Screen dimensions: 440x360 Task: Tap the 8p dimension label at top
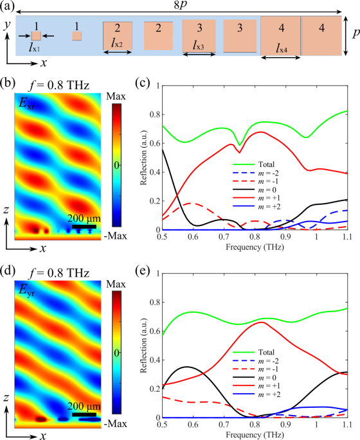(x=181, y=6)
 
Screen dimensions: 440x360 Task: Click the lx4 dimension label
(x=280, y=49)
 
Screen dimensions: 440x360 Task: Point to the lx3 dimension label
(x=201, y=46)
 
